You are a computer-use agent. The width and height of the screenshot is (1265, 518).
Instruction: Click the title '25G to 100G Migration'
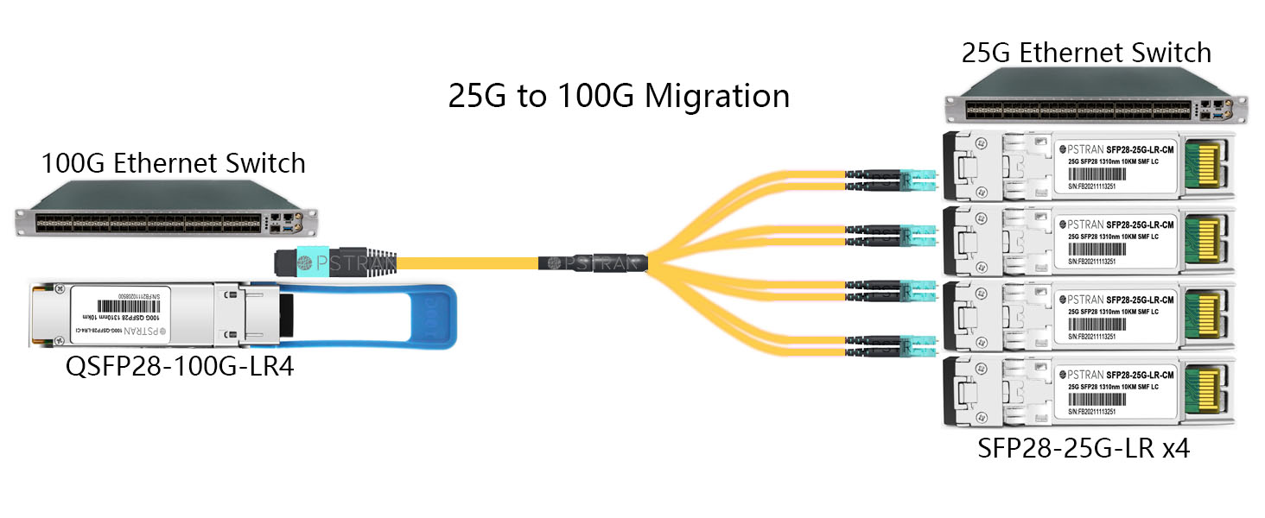[x=619, y=95]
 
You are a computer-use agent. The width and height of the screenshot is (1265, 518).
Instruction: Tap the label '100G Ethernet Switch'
[x=174, y=162]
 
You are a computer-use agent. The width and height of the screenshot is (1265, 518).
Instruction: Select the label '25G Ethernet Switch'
[x=1086, y=53]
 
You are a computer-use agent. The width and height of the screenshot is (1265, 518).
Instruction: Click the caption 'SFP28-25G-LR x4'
[x=1084, y=449]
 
